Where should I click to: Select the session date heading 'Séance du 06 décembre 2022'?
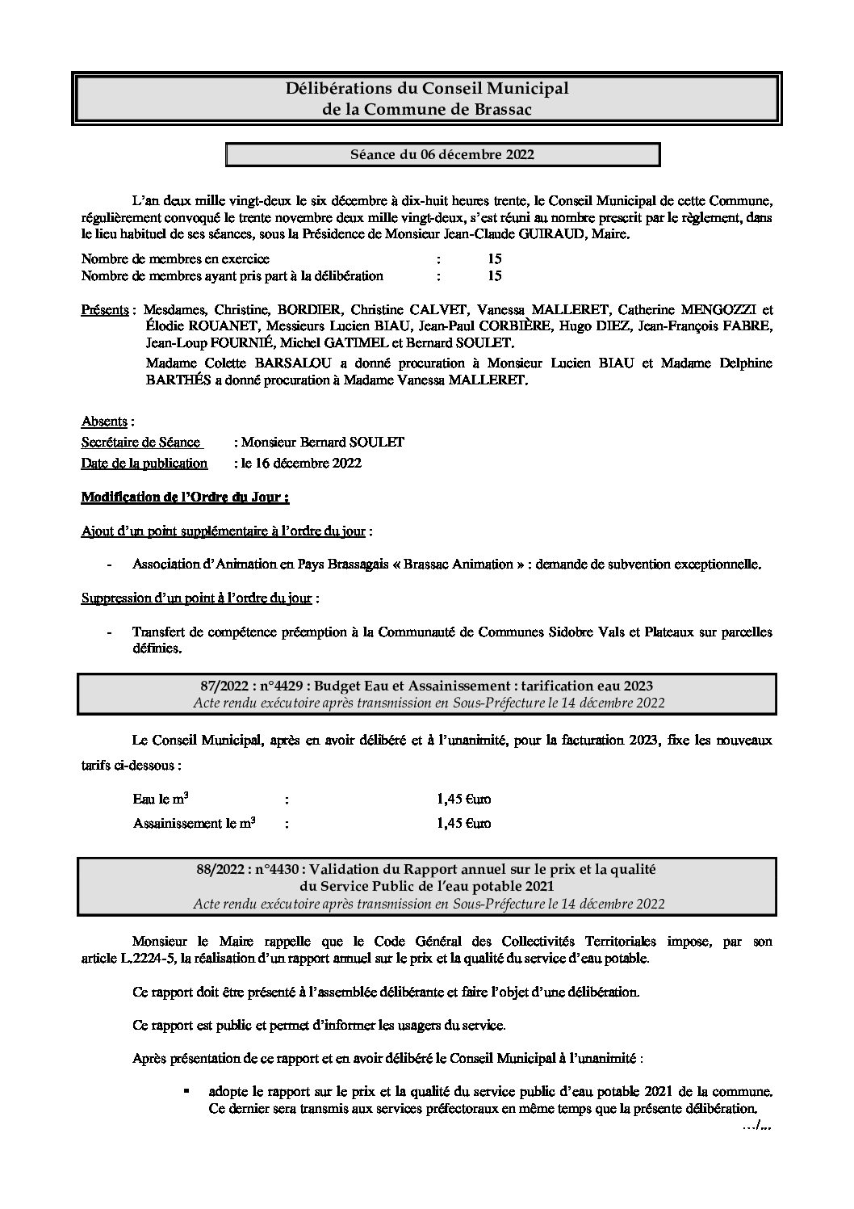coord(442,154)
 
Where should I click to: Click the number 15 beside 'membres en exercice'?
coord(495,259)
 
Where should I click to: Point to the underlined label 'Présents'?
coord(105,309)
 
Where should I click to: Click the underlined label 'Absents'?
coord(105,422)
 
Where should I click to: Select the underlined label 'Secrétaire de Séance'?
coord(140,443)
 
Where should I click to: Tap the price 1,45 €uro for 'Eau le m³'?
coord(463,800)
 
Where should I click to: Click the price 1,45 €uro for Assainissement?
coord(463,824)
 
